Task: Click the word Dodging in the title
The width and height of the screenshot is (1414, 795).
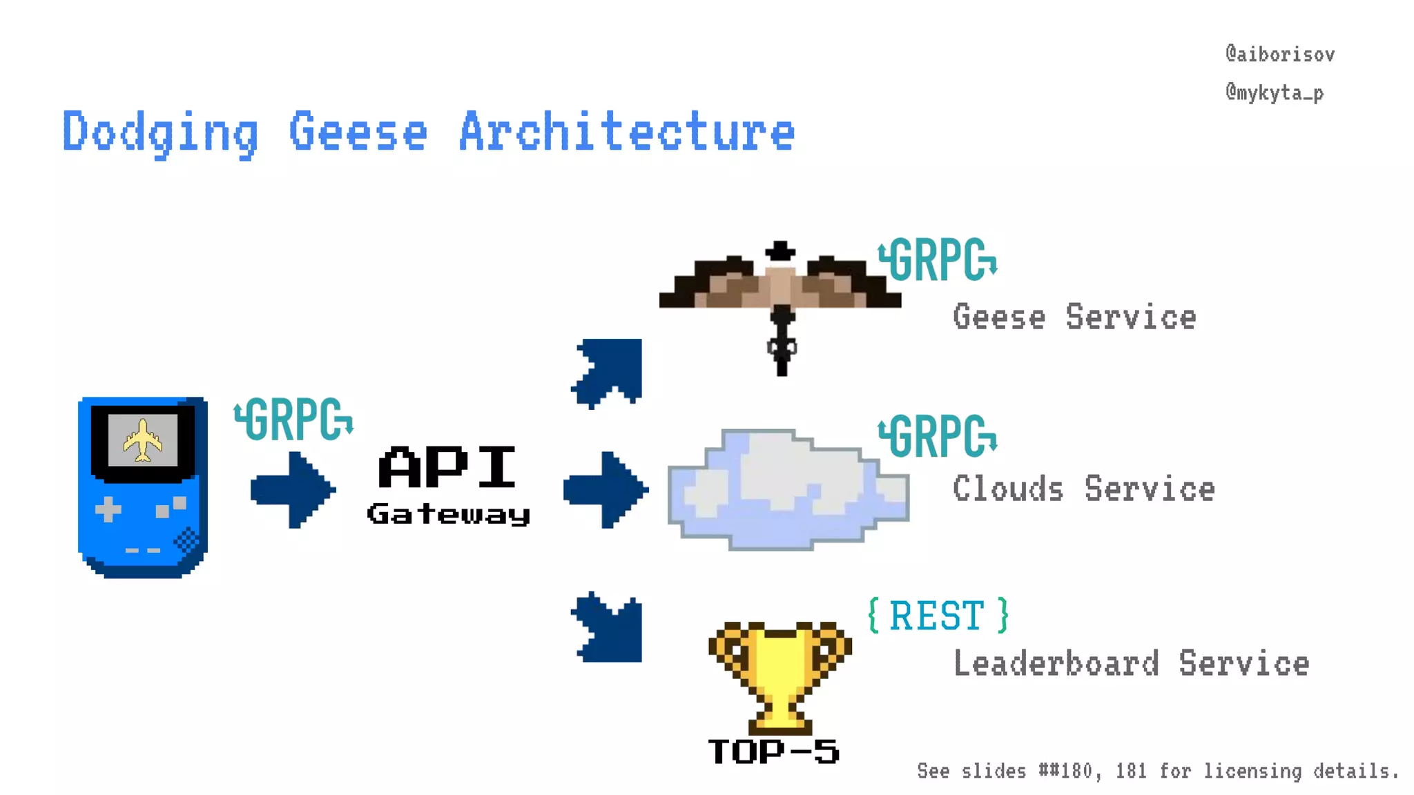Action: [160, 132]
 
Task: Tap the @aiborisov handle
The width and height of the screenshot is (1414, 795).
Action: [1279, 55]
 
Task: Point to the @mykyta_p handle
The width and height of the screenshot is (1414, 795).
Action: [1274, 92]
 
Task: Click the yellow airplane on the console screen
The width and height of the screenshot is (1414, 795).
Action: [143, 440]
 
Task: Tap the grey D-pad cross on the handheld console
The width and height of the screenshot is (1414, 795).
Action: [108, 510]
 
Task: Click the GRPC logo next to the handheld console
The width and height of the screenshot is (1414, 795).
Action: [294, 419]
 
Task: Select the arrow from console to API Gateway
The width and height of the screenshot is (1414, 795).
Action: [293, 490]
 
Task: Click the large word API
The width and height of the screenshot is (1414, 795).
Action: [447, 467]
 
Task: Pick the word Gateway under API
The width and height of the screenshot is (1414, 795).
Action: [449, 514]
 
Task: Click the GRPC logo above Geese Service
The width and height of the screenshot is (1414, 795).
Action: [938, 260]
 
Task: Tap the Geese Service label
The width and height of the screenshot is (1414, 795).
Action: [1074, 317]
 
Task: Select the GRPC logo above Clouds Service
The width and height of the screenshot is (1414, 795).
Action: [938, 436]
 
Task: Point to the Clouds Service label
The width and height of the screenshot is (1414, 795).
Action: [1083, 489]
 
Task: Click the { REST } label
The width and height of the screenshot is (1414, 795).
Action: [938, 616]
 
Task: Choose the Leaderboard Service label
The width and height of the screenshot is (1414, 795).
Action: [1131, 664]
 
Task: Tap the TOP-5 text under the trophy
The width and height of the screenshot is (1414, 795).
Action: [773, 752]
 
